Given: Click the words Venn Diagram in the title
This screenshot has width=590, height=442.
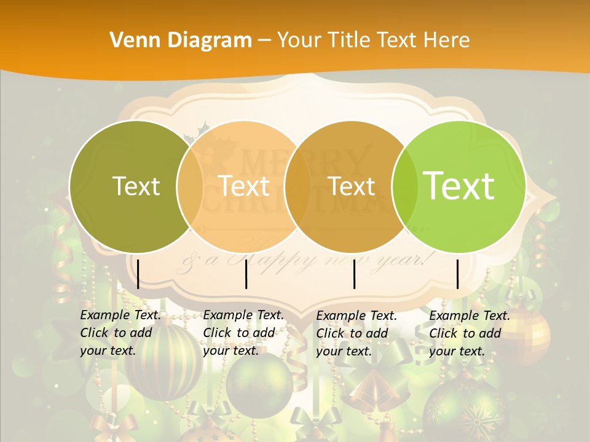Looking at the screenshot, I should tap(181, 41).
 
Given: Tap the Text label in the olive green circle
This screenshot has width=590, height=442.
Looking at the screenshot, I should tap(136, 186).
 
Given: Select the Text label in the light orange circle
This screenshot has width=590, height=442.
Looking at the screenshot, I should tap(244, 186).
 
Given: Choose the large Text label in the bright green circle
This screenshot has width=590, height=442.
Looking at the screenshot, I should tap(459, 185).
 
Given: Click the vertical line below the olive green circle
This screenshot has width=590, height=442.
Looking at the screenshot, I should tap(138, 274).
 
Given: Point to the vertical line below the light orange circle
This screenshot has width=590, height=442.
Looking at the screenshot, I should tap(246, 274).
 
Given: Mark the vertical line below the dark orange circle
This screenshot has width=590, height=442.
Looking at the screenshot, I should tap(355, 274).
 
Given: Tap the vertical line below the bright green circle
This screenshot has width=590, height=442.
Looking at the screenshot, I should tap(458, 274).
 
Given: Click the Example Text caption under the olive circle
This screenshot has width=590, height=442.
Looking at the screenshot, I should tap(120, 333).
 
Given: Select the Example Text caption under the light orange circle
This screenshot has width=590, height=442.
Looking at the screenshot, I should tap(243, 333).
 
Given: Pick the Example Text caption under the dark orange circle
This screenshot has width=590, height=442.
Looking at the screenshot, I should tap(356, 333).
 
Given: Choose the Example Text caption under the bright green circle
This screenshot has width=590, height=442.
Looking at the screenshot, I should tap(470, 333).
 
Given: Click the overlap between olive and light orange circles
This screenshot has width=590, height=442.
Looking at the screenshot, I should tap(190, 186).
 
